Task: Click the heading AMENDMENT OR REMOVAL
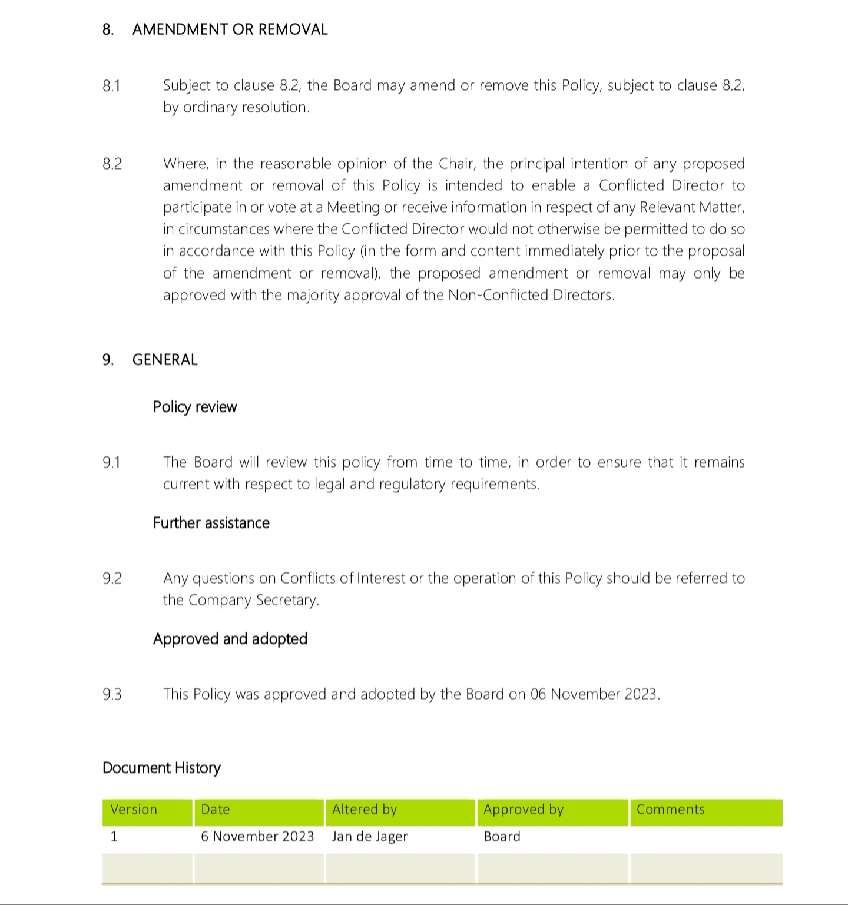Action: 230,29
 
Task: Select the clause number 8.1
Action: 111,86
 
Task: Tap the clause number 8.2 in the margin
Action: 112,164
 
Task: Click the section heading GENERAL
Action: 165,360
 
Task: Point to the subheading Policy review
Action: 195,407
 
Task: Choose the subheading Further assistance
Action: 211,523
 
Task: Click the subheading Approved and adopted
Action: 230,639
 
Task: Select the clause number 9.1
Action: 111,463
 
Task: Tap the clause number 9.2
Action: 112,579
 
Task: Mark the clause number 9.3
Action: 112,695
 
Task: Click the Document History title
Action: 161,768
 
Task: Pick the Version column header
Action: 134,810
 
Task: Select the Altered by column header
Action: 365,810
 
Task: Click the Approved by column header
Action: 524,810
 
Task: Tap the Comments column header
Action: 670,810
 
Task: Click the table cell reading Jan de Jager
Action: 370,837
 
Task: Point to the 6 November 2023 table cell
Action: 257,837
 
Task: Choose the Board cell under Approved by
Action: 502,837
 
